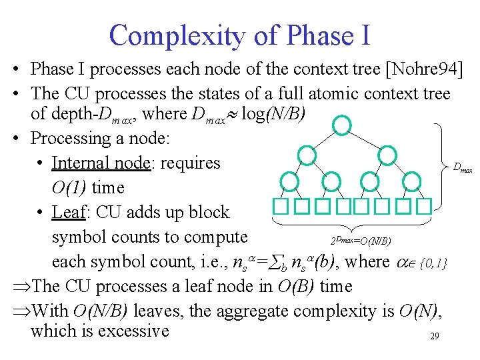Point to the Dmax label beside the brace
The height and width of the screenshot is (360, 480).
(x=463, y=169)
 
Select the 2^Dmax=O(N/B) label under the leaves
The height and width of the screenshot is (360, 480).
(x=361, y=240)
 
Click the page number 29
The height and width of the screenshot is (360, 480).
(x=434, y=337)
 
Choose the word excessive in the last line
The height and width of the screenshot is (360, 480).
(x=133, y=331)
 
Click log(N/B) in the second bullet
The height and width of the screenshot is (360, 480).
(x=274, y=113)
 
